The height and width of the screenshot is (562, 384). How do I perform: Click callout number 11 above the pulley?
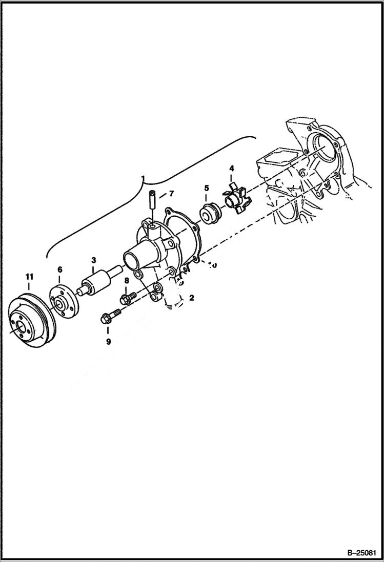29,277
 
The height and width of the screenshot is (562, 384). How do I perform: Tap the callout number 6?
59,269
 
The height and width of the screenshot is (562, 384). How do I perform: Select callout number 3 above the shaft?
94,260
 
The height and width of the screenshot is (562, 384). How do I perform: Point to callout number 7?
171,194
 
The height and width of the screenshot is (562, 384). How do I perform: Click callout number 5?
207,188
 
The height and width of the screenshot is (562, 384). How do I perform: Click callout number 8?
126,280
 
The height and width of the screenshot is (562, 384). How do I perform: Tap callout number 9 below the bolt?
108,342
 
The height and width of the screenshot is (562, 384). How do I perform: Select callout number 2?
191,297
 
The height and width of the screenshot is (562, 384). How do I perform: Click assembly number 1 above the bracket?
144,179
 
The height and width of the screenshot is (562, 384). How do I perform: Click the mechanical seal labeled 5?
209,212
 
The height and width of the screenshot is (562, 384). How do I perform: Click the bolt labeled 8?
128,298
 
